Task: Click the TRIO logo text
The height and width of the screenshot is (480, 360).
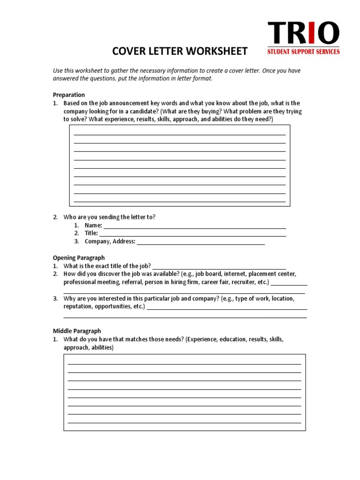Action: pos(303,34)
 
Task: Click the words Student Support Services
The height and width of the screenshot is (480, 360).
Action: pos(303,52)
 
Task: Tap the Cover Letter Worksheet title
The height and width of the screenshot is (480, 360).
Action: pos(180,51)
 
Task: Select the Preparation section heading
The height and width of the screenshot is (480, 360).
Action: pos(69,95)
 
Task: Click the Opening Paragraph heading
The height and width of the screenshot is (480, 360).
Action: pos(79,258)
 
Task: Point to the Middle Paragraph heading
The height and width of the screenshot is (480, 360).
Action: pos(77,331)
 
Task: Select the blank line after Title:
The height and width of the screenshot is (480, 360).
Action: pos(193,234)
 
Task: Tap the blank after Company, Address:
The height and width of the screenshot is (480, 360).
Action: pos(201,243)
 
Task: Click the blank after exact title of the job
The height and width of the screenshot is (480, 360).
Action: pos(219,267)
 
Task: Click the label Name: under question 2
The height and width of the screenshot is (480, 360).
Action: pos(93,225)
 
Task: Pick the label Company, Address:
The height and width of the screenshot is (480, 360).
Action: pos(110,242)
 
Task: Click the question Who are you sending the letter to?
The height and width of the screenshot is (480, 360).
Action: pos(109,217)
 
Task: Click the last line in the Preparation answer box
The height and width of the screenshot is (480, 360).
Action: pos(180,201)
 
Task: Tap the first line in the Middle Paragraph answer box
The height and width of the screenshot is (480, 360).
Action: pos(184,364)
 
